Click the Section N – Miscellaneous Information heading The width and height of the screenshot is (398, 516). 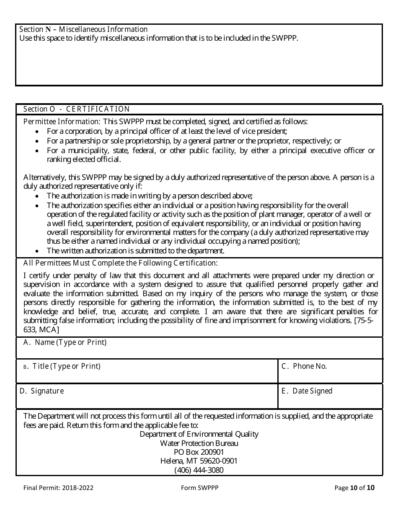tap(83, 29)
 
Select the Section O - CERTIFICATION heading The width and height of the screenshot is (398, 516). tap(77, 109)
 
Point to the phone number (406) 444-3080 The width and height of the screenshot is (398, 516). tap(199, 470)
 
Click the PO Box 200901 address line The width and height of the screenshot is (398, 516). tap(199, 452)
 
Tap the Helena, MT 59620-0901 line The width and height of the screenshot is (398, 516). tap(199, 461)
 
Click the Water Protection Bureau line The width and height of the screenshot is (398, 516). tap(199, 443)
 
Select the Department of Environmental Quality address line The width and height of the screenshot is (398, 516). tap(199, 434)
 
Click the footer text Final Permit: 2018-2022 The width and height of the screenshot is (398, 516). tap(58, 488)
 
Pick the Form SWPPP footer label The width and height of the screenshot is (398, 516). tap(199, 488)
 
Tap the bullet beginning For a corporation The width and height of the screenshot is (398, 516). tap(167, 131)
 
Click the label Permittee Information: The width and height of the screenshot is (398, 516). tap(61, 122)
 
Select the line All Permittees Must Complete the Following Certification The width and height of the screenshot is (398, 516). tap(121, 263)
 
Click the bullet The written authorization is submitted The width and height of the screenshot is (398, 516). tap(136, 251)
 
